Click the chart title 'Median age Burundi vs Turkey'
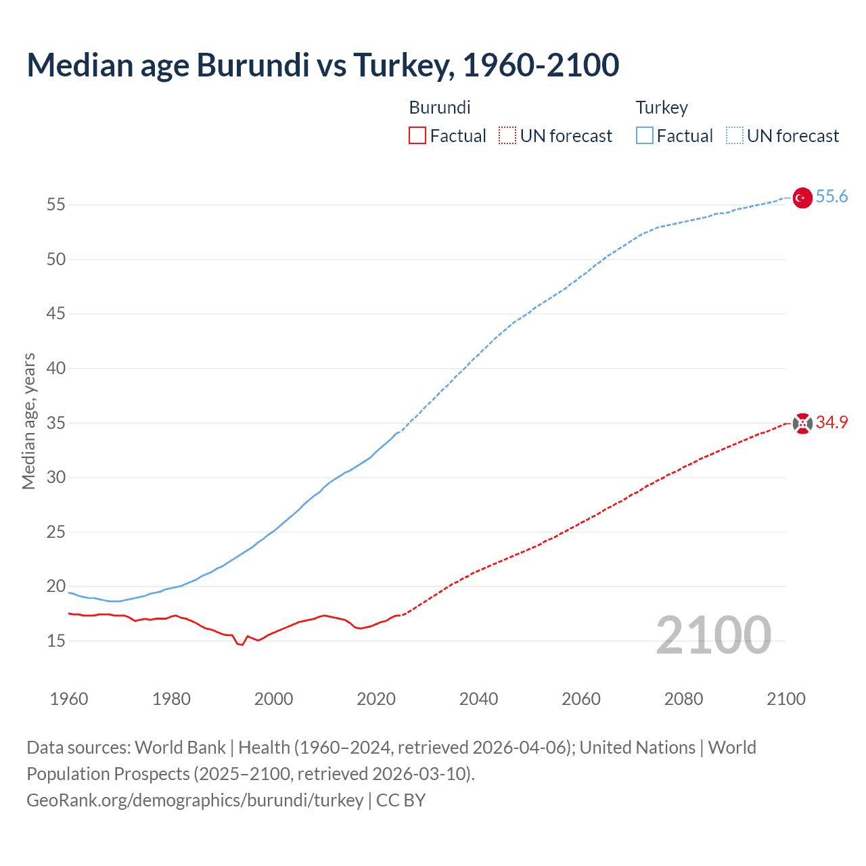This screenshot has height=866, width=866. click(323, 65)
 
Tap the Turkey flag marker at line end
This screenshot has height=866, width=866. click(802, 198)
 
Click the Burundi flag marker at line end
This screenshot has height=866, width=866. click(802, 424)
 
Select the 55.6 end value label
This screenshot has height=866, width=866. click(831, 197)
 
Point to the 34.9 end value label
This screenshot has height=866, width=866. click(831, 423)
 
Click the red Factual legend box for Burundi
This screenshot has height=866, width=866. click(417, 136)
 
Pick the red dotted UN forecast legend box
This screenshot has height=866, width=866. click(507, 136)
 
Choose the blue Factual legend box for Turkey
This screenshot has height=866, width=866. click(645, 136)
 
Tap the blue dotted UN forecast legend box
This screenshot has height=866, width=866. click(734, 136)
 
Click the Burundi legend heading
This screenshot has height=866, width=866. click(440, 108)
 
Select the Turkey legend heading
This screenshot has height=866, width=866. click(662, 108)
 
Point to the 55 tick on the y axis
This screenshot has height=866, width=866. click(56, 204)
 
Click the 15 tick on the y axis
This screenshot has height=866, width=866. click(56, 641)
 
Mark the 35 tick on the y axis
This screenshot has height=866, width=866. click(56, 423)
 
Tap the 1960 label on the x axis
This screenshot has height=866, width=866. click(69, 699)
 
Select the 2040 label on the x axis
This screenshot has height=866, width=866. click(478, 699)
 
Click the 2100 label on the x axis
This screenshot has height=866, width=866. click(786, 699)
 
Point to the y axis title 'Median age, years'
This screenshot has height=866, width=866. click(28, 421)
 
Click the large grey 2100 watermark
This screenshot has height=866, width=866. click(713, 635)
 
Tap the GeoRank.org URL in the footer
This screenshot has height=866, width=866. click(195, 800)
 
